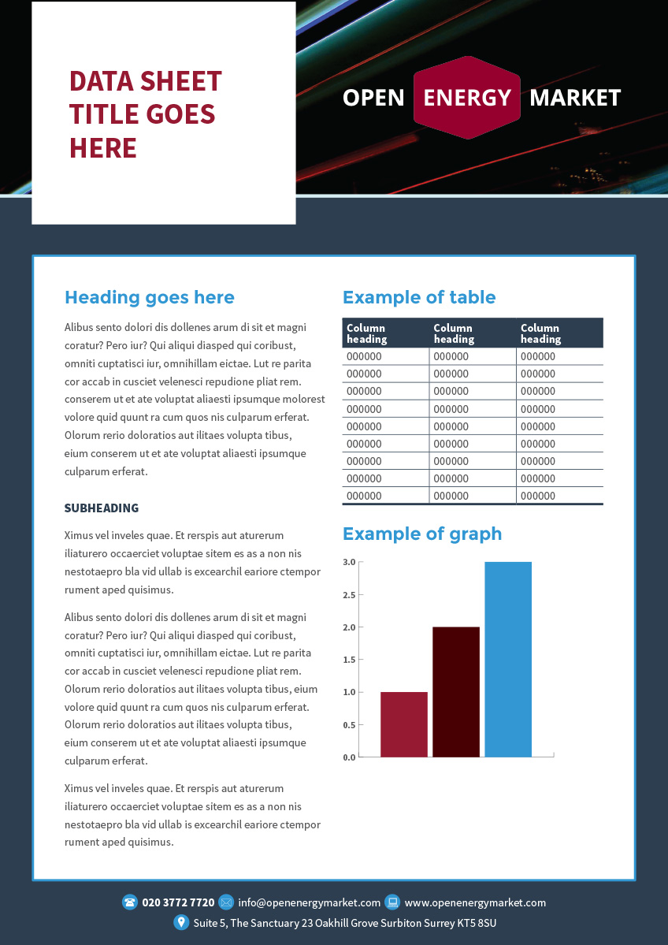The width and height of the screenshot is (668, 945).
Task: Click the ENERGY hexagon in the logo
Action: (467, 98)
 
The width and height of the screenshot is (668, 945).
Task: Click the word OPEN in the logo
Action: (373, 98)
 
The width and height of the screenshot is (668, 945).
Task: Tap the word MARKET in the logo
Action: (575, 98)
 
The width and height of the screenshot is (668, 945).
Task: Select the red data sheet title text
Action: (146, 114)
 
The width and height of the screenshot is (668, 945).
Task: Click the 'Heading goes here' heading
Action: (150, 297)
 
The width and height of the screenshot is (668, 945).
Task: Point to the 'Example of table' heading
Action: (419, 297)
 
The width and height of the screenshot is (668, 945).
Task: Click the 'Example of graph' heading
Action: (422, 534)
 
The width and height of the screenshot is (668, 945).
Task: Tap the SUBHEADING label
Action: (102, 508)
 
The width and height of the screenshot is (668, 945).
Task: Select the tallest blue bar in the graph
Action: (508, 659)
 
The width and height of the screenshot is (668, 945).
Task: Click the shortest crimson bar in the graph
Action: (404, 724)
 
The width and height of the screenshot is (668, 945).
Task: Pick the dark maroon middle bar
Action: (456, 692)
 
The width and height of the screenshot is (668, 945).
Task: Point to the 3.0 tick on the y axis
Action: (350, 562)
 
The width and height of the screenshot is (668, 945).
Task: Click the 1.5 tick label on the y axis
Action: (350, 660)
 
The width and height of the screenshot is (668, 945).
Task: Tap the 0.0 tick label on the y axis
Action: (350, 757)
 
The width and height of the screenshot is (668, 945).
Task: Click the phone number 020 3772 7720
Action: (178, 902)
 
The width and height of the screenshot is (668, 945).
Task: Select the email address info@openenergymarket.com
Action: (310, 902)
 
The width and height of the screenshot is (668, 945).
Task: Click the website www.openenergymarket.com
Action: (475, 902)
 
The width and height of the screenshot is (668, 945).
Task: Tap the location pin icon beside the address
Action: (181, 922)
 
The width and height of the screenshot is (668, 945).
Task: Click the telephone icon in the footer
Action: (130, 902)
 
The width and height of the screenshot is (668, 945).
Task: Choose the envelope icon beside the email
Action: (226, 902)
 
